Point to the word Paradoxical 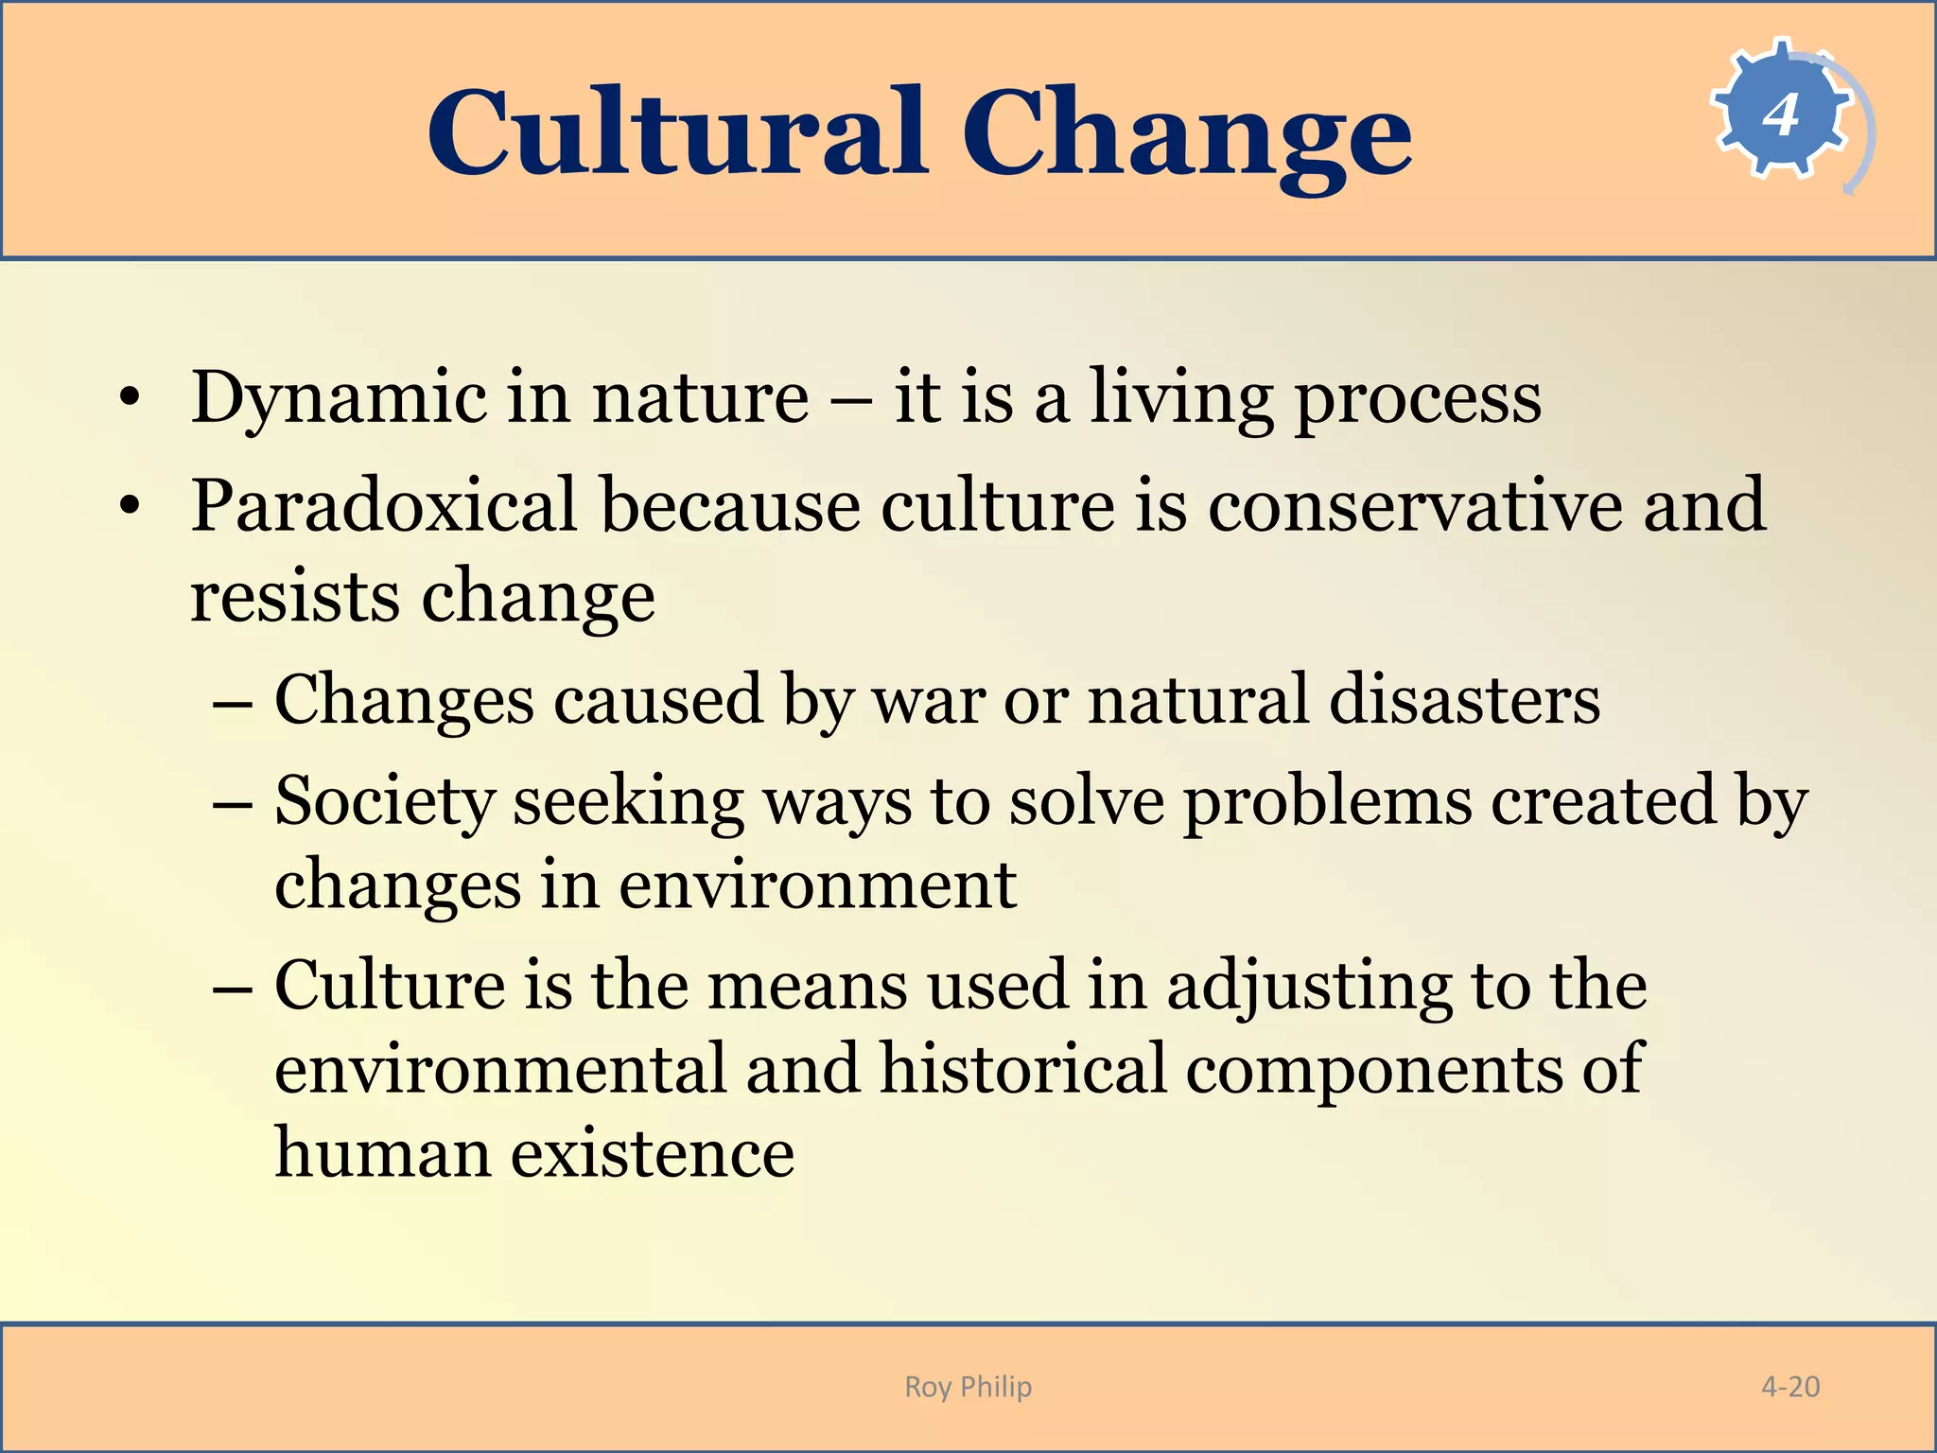pos(383,506)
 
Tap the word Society pos(383,802)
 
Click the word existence pos(653,1154)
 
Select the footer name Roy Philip pos(968,1387)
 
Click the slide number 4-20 pos(1789,1387)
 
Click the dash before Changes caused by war pos(233,703)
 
